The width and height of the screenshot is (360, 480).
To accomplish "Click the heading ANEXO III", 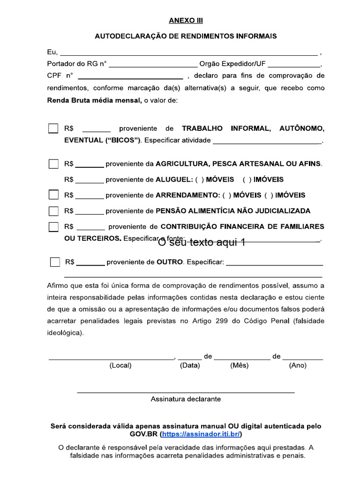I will click(186, 21).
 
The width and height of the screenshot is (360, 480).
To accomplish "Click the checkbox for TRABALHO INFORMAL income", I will click(54, 128).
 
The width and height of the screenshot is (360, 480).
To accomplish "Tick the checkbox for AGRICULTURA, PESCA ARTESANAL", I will click(54, 164).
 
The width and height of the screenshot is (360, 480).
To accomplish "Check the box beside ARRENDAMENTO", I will click(54, 195).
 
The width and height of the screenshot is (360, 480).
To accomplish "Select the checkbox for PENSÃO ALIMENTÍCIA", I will click(54, 211).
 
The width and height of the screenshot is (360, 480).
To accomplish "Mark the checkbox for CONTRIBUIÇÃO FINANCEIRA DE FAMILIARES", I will click(54, 227).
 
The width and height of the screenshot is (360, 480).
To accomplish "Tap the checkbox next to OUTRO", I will click(55, 262).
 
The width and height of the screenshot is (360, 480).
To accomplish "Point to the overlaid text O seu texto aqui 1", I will click(202, 242).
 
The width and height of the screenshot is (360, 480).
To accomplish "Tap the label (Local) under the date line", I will click(120, 366).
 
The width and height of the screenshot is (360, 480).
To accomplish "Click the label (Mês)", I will click(239, 366).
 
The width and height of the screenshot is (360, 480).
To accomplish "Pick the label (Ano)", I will click(298, 366).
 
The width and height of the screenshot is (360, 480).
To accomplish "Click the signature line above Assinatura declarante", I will click(186, 391).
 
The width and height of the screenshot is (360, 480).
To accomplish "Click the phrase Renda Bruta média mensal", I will click(94, 100).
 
